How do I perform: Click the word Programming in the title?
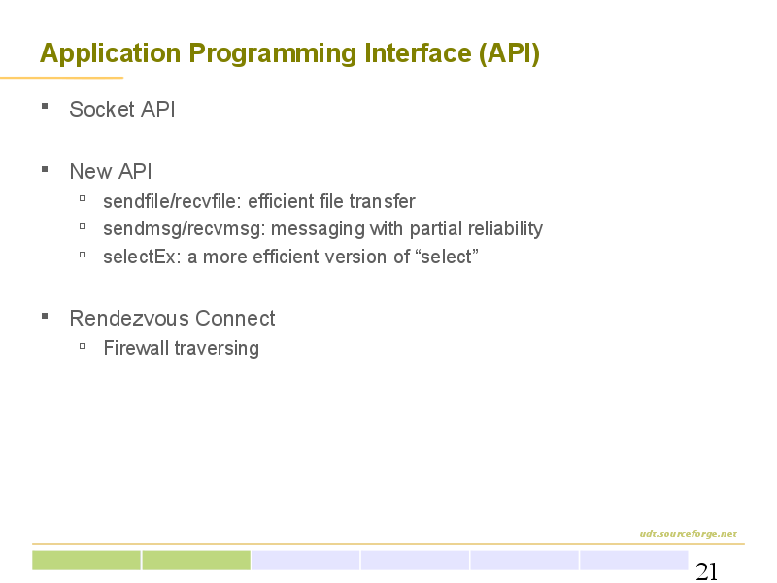pos(272,54)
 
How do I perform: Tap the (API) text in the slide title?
pos(509,53)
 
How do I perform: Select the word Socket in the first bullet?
pos(102,109)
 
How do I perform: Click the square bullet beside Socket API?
pos(45,106)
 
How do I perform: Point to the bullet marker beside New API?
pos(45,169)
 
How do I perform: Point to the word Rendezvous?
pos(129,319)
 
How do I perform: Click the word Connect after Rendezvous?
pos(235,319)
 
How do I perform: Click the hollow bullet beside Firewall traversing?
pos(83,346)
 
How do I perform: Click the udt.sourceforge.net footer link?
pos(689,533)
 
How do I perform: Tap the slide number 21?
pos(707,571)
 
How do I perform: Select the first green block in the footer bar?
pos(86,561)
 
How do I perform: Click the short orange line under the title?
pos(61,78)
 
